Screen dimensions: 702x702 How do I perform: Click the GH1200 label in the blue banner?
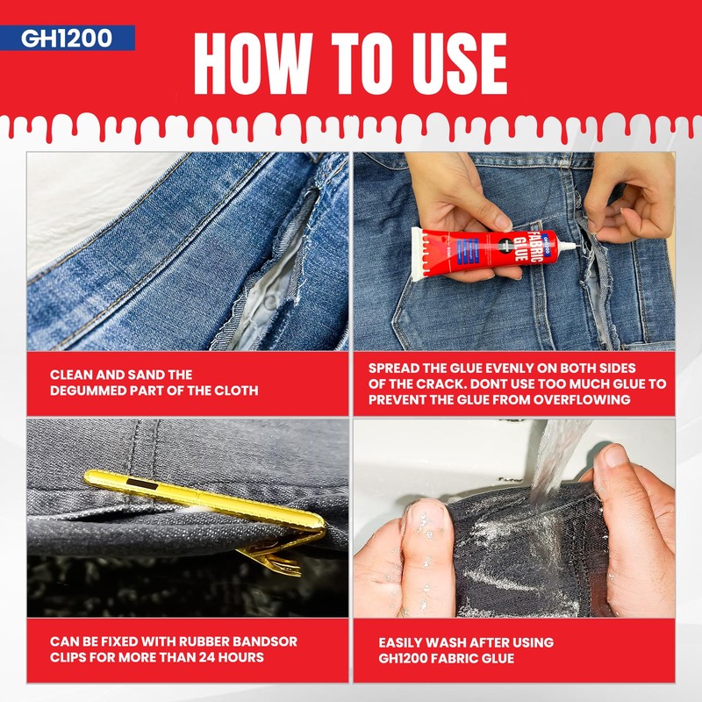coord(67,38)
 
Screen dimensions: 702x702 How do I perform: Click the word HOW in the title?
coord(253,63)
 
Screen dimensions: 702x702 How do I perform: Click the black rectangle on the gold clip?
coord(142,484)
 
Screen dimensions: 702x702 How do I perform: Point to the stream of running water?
coord(555,462)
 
